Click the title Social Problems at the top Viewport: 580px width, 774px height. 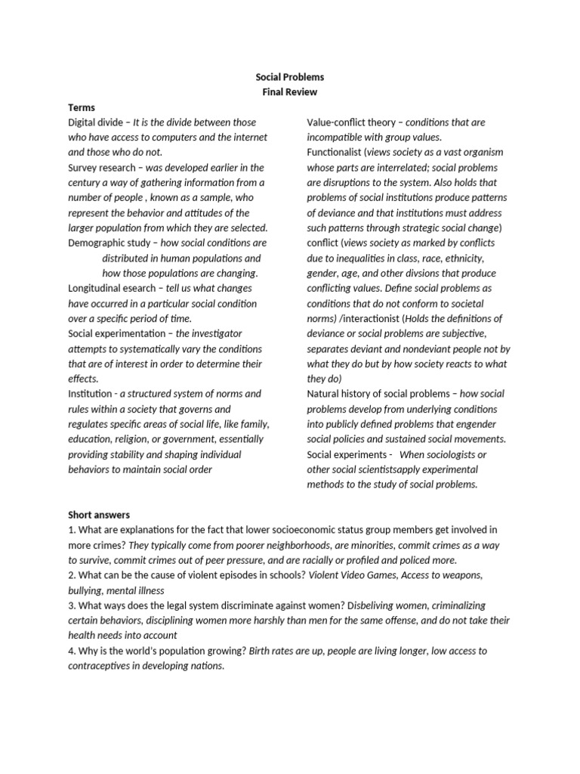290,77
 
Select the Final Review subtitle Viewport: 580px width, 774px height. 290,92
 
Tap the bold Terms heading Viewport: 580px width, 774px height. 82,107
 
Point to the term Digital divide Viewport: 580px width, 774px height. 96,122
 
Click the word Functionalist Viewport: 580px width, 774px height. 335,153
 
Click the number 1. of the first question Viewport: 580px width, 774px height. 72,531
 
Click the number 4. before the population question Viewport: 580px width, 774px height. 72,652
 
